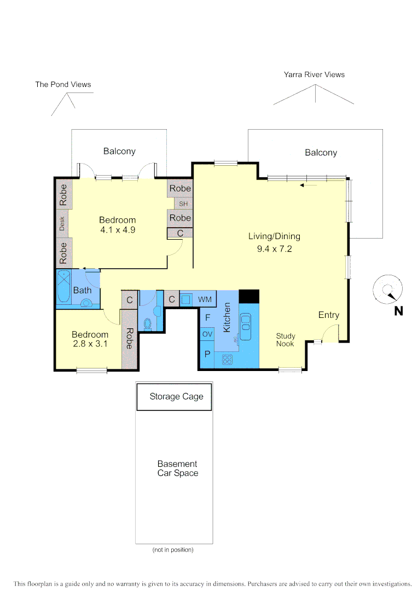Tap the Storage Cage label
(x=176, y=396)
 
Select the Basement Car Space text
(x=177, y=468)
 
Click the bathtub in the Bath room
(x=63, y=287)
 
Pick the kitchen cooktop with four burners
(x=227, y=360)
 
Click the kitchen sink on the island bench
(x=245, y=323)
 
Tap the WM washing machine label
(x=205, y=299)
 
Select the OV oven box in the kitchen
(x=207, y=334)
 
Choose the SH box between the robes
(x=183, y=204)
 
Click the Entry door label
(x=329, y=315)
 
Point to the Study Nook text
(x=285, y=340)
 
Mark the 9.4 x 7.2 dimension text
(x=274, y=249)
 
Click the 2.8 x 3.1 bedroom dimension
(x=90, y=344)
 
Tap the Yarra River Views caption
(x=314, y=74)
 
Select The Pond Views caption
(x=63, y=84)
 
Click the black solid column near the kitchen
(x=249, y=296)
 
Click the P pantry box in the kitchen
(x=207, y=354)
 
